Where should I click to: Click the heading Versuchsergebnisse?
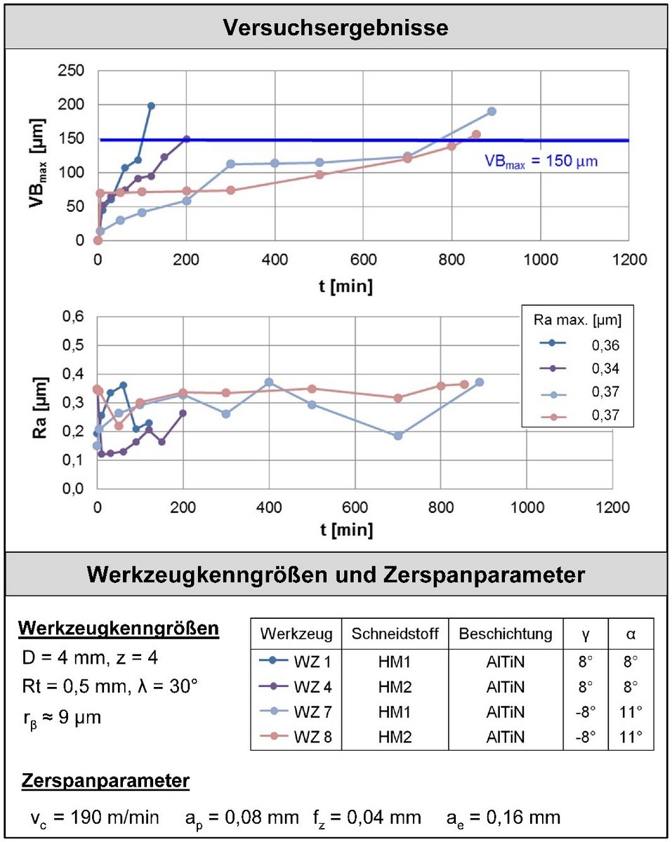pyautogui.click(x=336, y=28)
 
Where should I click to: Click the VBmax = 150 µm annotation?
pyautogui.click(x=541, y=161)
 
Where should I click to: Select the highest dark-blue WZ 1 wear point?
pyautogui.click(x=151, y=106)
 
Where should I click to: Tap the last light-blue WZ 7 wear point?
pyautogui.click(x=492, y=112)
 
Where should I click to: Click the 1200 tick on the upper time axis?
pyautogui.click(x=628, y=259)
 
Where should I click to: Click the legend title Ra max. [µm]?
pyautogui.click(x=577, y=321)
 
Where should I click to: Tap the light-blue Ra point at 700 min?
pyautogui.click(x=398, y=436)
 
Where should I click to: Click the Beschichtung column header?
pyautogui.click(x=506, y=634)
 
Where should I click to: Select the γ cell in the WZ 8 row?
pyautogui.click(x=586, y=737)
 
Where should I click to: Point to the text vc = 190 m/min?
pyautogui.click(x=94, y=817)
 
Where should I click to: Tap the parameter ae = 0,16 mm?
pyautogui.click(x=503, y=817)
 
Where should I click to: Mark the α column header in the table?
pyautogui.click(x=631, y=634)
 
